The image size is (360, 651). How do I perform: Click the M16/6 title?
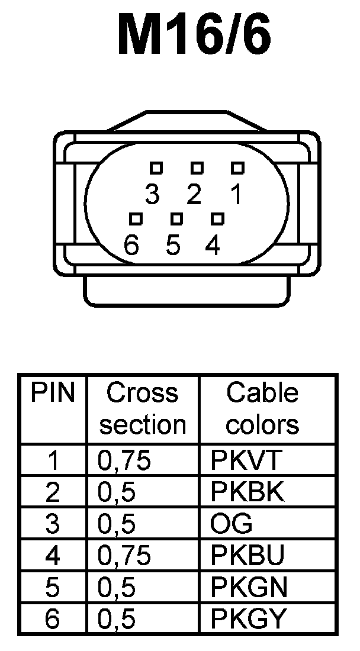pos(194,36)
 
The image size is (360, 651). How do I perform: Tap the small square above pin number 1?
pos(237,168)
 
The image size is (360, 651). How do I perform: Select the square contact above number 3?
pos(156,168)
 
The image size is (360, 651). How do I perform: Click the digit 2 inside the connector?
pos(194,194)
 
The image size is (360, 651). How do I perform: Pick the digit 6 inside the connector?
pos(132,244)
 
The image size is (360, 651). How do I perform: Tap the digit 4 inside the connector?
pos(213,245)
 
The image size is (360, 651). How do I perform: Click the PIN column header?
pos(53,392)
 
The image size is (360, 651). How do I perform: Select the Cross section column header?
pos(143,408)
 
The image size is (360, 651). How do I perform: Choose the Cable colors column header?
pos(262,408)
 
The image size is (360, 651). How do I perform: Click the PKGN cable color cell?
pos(249,587)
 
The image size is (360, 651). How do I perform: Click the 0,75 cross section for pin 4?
pos(124,555)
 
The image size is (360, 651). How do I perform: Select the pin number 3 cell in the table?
pos(53,524)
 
